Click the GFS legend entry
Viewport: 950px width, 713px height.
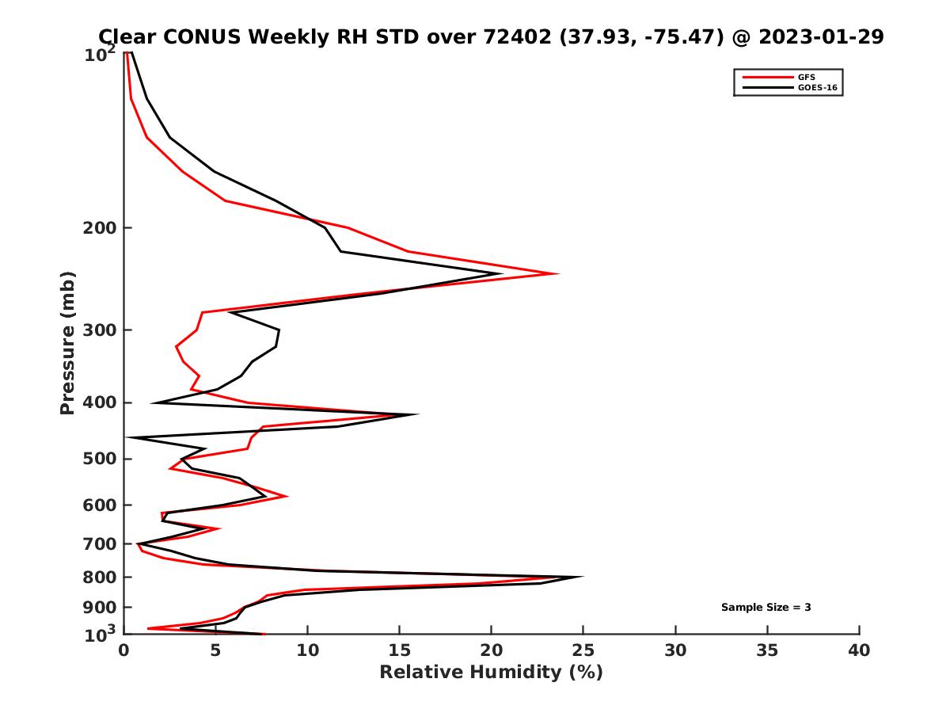[x=806, y=77]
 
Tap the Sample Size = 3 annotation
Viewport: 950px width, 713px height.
[x=766, y=608]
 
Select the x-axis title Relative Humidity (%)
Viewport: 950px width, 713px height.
[x=491, y=673]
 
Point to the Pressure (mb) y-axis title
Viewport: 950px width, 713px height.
[x=67, y=342]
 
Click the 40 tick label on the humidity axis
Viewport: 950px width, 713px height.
[x=859, y=650]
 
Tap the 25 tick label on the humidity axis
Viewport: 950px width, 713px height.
[x=583, y=650]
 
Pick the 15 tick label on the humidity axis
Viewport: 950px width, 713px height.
[x=400, y=650]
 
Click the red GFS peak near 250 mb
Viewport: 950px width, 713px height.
[x=558, y=274]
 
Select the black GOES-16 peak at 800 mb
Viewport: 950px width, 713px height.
[x=582, y=578]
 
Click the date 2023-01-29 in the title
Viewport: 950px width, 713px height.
[x=819, y=36]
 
